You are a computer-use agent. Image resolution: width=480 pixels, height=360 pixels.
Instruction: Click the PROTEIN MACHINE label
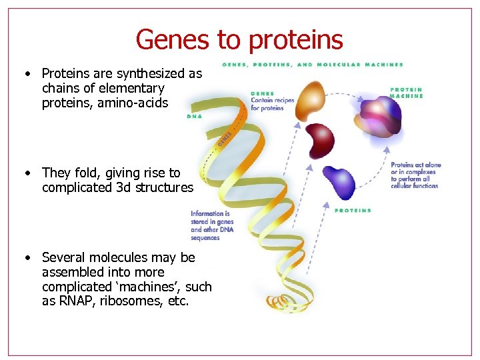point(406,92)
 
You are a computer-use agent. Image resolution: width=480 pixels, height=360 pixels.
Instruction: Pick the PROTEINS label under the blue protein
point(353,211)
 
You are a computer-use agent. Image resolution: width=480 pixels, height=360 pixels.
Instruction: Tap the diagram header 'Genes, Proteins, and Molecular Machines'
point(312,65)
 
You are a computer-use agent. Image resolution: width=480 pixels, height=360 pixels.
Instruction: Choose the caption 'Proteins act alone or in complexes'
point(415,175)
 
